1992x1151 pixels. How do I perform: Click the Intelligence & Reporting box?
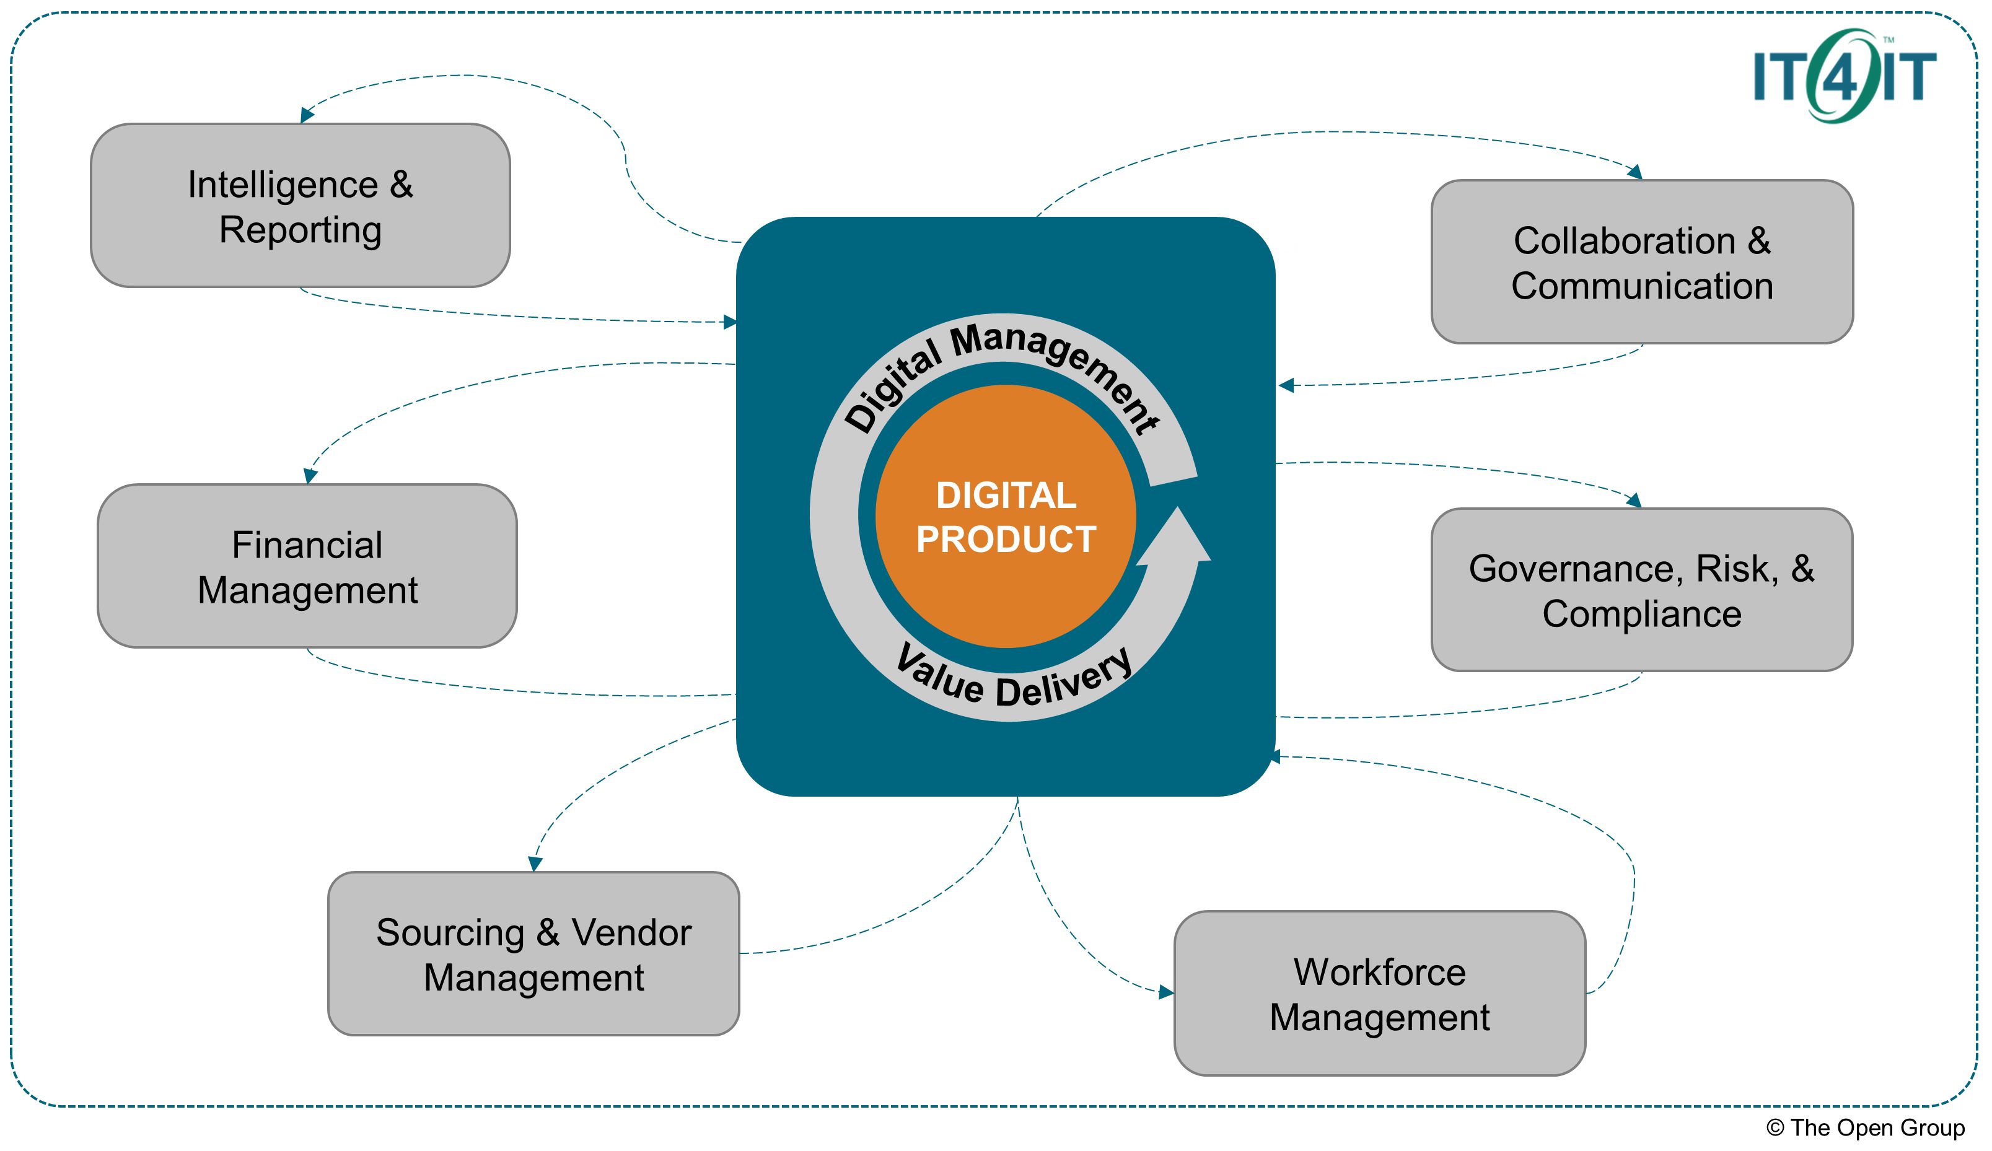301,206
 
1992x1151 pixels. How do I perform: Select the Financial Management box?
307,567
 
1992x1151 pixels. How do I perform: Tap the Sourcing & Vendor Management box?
533,954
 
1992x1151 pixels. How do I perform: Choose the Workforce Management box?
1379,994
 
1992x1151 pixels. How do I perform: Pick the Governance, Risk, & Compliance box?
1641,590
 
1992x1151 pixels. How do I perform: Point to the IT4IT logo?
1844,76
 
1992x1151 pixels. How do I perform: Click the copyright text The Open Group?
1866,1128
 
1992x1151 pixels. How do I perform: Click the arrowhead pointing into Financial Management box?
310,476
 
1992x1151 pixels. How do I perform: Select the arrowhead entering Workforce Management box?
1166,992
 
